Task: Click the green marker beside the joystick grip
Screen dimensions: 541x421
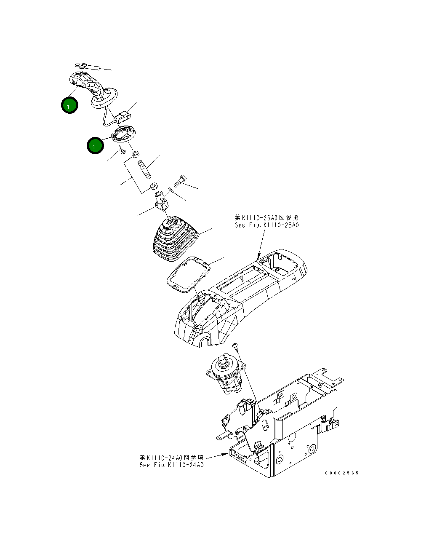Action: click(x=69, y=105)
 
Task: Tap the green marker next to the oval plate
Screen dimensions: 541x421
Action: click(x=95, y=145)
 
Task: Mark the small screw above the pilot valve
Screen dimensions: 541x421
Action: click(x=237, y=346)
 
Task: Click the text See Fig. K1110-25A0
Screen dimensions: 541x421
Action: click(x=266, y=225)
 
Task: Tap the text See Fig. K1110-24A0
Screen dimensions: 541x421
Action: click(x=171, y=465)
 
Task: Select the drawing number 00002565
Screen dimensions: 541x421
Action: click(x=341, y=473)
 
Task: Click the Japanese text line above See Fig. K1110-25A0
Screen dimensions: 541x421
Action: click(x=266, y=218)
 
